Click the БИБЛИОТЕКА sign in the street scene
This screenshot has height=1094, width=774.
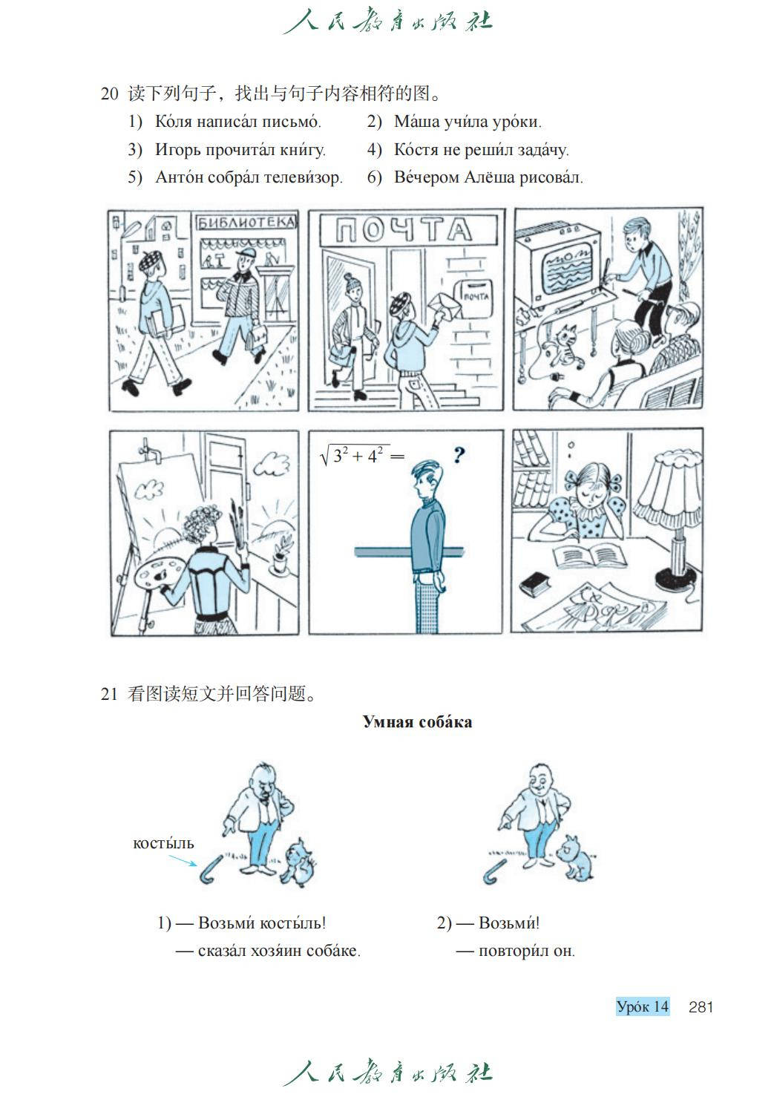pyautogui.click(x=246, y=223)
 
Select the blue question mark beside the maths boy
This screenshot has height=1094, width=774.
pyautogui.click(x=459, y=455)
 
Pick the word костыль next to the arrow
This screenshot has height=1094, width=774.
pyautogui.click(x=163, y=843)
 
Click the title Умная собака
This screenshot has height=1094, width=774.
pyautogui.click(x=418, y=721)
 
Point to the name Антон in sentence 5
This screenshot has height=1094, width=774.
pyautogui.click(x=180, y=177)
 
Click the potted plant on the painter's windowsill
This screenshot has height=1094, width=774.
pyautogui.click(x=281, y=555)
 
